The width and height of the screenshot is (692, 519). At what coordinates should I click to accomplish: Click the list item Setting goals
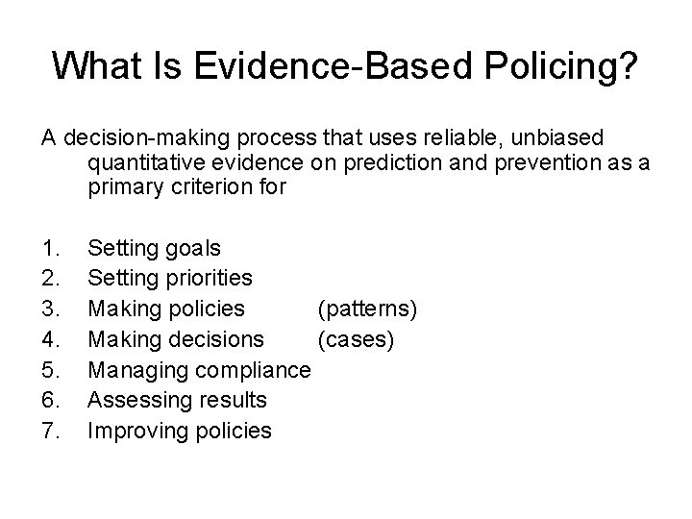(154, 249)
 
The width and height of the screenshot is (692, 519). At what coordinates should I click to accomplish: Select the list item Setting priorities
(170, 279)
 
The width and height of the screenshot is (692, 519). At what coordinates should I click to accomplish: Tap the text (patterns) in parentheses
(366, 309)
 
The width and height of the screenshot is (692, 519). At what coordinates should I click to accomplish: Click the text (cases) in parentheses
(356, 339)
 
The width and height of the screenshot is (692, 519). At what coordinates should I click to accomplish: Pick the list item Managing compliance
(199, 370)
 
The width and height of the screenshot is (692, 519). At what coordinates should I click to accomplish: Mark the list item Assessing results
(177, 400)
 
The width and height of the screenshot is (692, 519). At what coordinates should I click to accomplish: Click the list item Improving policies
(180, 430)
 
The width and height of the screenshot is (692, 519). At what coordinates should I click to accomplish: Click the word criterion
(210, 187)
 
